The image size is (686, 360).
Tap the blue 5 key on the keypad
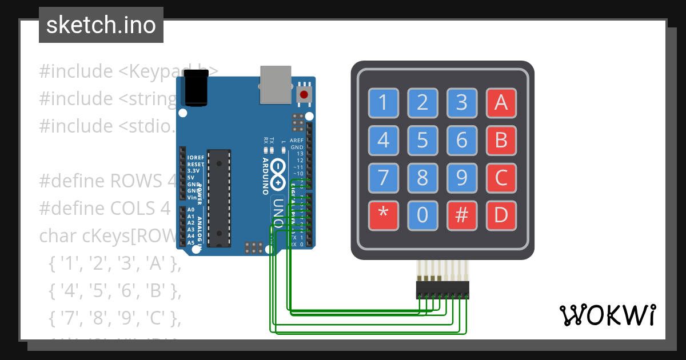pos(422,140)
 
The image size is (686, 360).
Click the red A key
pos(501,103)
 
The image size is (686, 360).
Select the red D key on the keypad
pos(501,215)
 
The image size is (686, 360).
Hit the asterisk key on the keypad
pos(383,215)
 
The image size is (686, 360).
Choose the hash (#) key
pos(462,215)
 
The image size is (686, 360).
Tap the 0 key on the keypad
pos(422,215)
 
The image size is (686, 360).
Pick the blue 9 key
pos(462,178)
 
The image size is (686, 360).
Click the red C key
pos(501,178)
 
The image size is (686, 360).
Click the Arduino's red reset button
pos(304,94)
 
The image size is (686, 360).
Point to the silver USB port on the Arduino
pos(275,84)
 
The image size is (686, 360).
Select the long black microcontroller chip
pos(219,198)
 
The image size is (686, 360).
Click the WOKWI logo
pos(607,315)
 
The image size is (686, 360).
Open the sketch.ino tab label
pos(101,25)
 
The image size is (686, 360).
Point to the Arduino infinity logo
pos(278,174)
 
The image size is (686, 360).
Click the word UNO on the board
pos(278,211)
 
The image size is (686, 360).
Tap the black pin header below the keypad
pos(442,290)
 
